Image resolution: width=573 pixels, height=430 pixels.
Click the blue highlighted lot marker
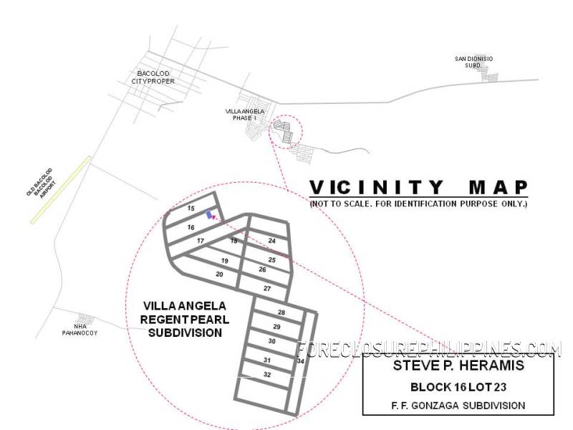click(209, 214)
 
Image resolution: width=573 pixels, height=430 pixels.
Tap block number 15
click(191, 209)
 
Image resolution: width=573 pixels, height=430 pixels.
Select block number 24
click(272, 241)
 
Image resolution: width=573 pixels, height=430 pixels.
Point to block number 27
click(267, 289)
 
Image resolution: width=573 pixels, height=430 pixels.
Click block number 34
click(300, 361)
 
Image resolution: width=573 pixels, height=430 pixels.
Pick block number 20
click(219, 274)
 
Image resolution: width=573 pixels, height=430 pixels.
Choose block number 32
click(267, 374)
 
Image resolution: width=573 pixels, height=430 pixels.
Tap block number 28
click(281, 312)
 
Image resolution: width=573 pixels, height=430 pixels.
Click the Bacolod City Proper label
click(153, 77)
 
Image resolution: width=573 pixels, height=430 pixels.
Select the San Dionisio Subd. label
click(473, 62)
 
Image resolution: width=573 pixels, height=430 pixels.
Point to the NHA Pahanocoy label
click(80, 330)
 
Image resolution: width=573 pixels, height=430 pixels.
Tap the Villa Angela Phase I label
click(245, 115)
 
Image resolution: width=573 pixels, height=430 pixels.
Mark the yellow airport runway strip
click(61, 190)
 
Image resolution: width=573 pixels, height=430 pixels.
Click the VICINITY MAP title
click(419, 187)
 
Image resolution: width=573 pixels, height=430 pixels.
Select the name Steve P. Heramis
click(458, 365)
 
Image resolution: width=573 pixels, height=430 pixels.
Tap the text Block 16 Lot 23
click(458, 387)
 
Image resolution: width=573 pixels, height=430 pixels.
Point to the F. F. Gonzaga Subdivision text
click(458, 406)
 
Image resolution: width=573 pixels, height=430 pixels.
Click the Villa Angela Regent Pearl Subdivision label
click(185, 319)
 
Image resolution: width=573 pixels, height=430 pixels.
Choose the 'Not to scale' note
click(419, 204)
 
